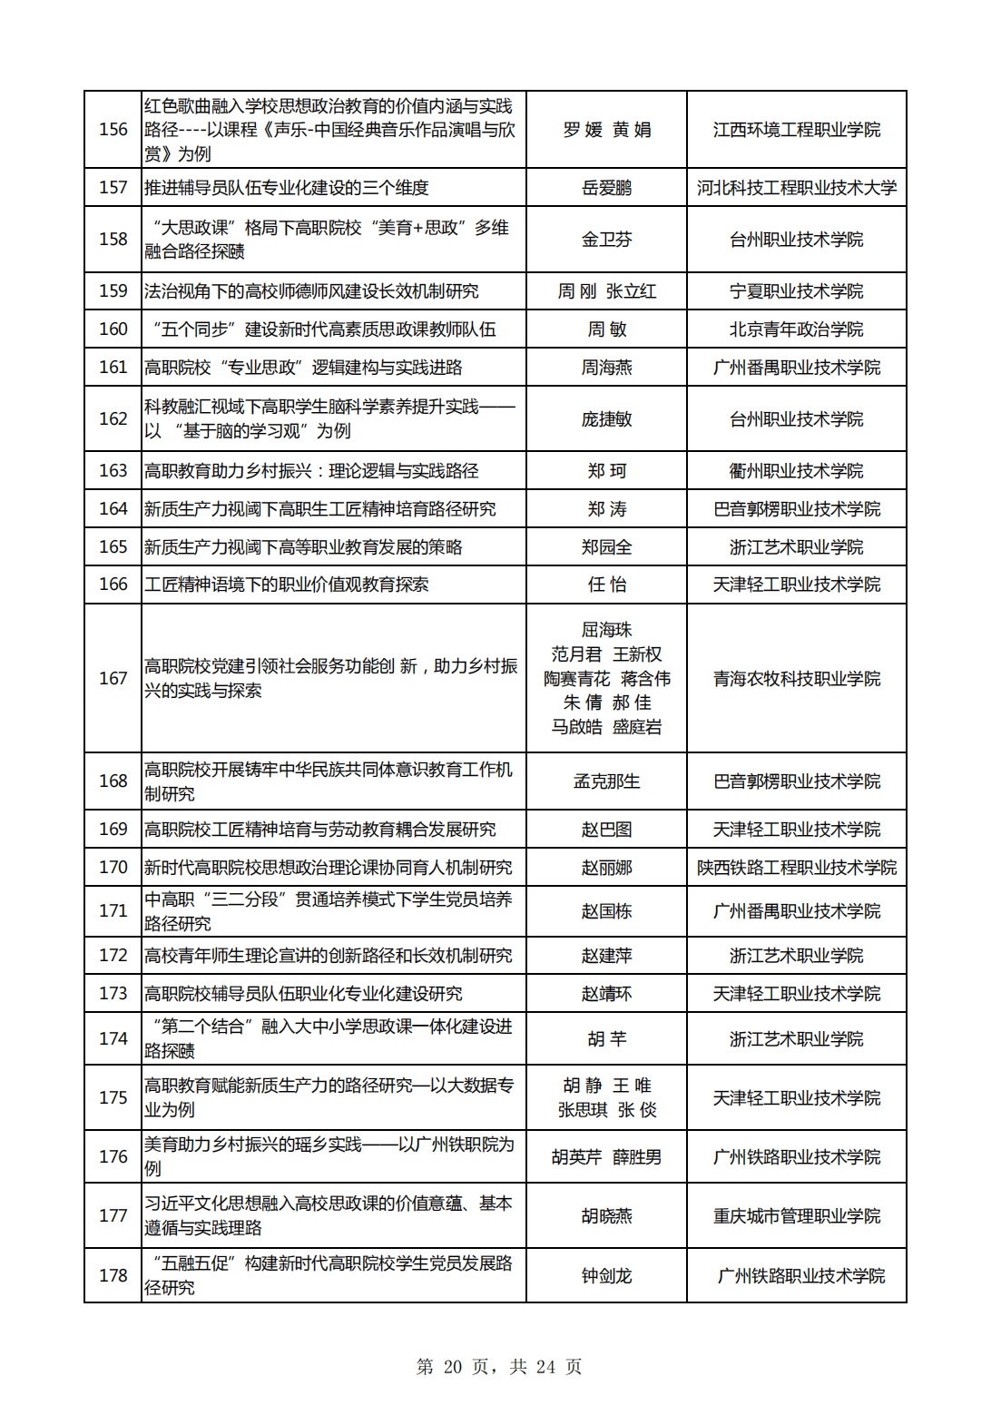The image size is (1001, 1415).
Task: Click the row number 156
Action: coord(113,130)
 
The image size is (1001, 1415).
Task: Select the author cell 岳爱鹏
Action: coord(606,188)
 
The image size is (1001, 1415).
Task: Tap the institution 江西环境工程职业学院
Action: coord(796,130)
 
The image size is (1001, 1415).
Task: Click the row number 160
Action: coord(113,329)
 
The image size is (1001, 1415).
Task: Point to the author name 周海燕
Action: coord(606,368)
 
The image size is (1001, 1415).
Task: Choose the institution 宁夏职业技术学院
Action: coord(796,291)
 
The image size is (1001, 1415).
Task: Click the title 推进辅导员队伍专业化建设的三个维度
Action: coord(286,188)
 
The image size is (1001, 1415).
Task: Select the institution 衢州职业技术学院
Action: coord(796,471)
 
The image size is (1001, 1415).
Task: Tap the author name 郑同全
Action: coord(606,547)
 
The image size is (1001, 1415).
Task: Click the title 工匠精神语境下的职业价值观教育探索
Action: coord(286,585)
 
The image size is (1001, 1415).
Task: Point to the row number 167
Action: coord(113,678)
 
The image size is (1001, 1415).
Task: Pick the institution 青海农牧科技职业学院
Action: coord(796,678)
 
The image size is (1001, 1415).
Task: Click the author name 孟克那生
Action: coord(606,781)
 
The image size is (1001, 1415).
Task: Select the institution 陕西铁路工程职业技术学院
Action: coord(796,868)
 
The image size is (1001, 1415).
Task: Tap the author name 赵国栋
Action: coord(606,911)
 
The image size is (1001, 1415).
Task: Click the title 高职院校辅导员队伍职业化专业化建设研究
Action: coord(303,994)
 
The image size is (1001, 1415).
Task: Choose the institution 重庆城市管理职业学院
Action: coord(796,1216)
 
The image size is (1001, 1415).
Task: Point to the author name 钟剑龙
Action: coord(606,1276)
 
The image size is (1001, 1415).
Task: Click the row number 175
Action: coord(113,1098)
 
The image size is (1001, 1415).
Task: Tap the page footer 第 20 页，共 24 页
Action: coord(499,1367)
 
